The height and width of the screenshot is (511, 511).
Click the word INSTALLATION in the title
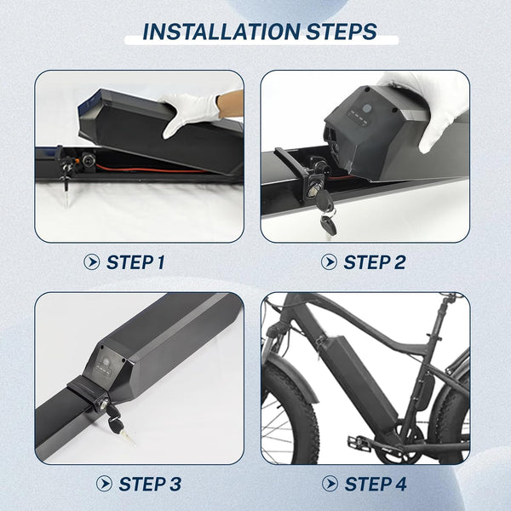tap(221, 32)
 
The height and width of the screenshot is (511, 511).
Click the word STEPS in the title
tap(342, 32)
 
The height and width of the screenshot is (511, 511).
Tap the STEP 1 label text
tap(135, 262)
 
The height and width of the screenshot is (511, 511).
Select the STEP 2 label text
tap(375, 262)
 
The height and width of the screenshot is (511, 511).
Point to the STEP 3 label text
tap(150, 484)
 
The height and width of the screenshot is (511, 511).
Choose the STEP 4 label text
tap(376, 484)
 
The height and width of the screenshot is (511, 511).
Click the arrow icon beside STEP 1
tap(92, 262)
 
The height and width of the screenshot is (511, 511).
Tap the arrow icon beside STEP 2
tap(329, 262)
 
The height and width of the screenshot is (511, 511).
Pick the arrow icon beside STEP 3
tap(104, 483)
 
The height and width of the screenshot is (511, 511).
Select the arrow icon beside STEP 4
tap(330, 483)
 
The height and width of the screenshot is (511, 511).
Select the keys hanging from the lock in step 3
tap(119, 423)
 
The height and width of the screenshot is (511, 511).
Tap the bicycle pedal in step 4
tap(359, 444)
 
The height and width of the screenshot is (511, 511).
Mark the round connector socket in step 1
tap(89, 160)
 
